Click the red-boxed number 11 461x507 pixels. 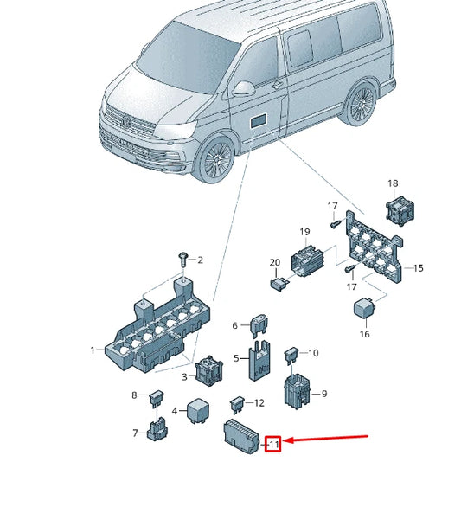click(273, 445)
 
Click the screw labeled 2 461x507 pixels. click(182, 258)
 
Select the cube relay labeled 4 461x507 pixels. click(195, 409)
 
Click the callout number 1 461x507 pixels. click(93, 350)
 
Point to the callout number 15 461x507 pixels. click(418, 269)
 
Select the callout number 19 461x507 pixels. click(304, 232)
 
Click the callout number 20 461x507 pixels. click(274, 262)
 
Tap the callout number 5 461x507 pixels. click(236, 357)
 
